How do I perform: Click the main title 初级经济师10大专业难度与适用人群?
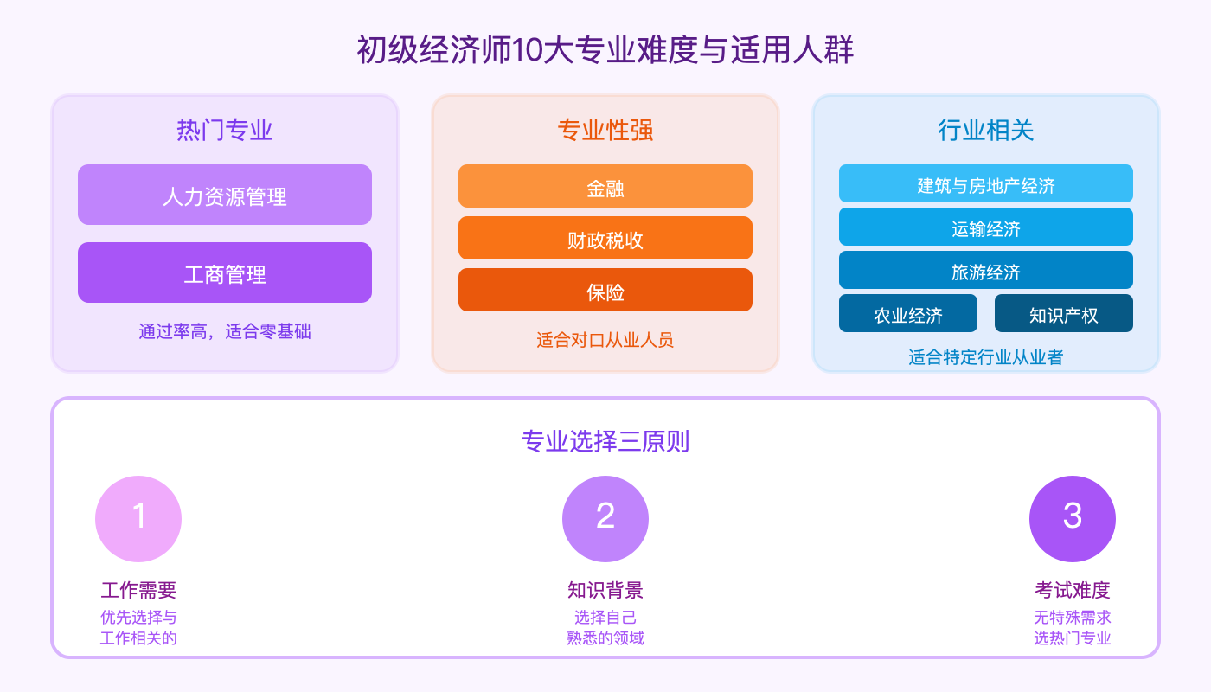click(605, 50)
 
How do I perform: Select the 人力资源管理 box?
click(225, 195)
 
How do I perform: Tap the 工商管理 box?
click(225, 273)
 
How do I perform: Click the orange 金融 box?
click(605, 187)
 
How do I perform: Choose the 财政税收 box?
click(605, 239)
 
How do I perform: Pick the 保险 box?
click(605, 291)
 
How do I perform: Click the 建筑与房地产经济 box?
click(986, 184)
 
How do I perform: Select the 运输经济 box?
click(986, 227)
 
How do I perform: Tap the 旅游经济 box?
click(986, 271)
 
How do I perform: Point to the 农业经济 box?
click(908, 314)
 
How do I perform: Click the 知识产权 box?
click(1064, 314)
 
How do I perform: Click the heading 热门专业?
click(225, 130)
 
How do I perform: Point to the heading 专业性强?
click(605, 130)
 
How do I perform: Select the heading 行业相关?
click(986, 130)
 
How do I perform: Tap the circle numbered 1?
click(138, 519)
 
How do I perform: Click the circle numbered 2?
click(605, 519)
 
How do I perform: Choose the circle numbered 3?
click(1073, 519)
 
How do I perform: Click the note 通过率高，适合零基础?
click(225, 331)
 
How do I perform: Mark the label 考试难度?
click(1073, 591)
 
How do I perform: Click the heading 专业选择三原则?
click(605, 442)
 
